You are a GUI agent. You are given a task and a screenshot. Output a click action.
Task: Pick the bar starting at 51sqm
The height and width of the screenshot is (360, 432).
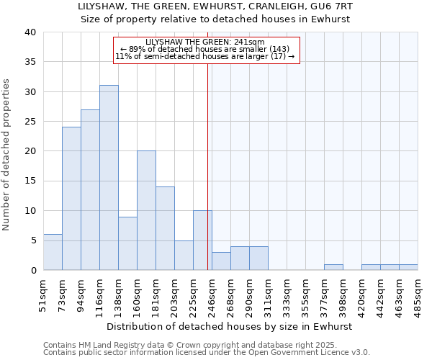(x=53, y=252)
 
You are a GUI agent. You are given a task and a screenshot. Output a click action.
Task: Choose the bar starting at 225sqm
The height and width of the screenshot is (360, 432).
(x=202, y=240)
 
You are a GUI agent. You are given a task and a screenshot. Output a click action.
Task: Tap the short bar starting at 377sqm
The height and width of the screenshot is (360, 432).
(x=333, y=267)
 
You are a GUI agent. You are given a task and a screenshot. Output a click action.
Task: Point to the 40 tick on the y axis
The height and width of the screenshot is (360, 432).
(x=30, y=32)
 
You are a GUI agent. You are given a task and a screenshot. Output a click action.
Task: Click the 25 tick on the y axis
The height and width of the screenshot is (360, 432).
(x=30, y=122)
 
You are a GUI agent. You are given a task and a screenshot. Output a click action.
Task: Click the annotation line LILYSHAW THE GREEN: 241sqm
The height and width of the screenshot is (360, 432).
(x=205, y=42)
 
